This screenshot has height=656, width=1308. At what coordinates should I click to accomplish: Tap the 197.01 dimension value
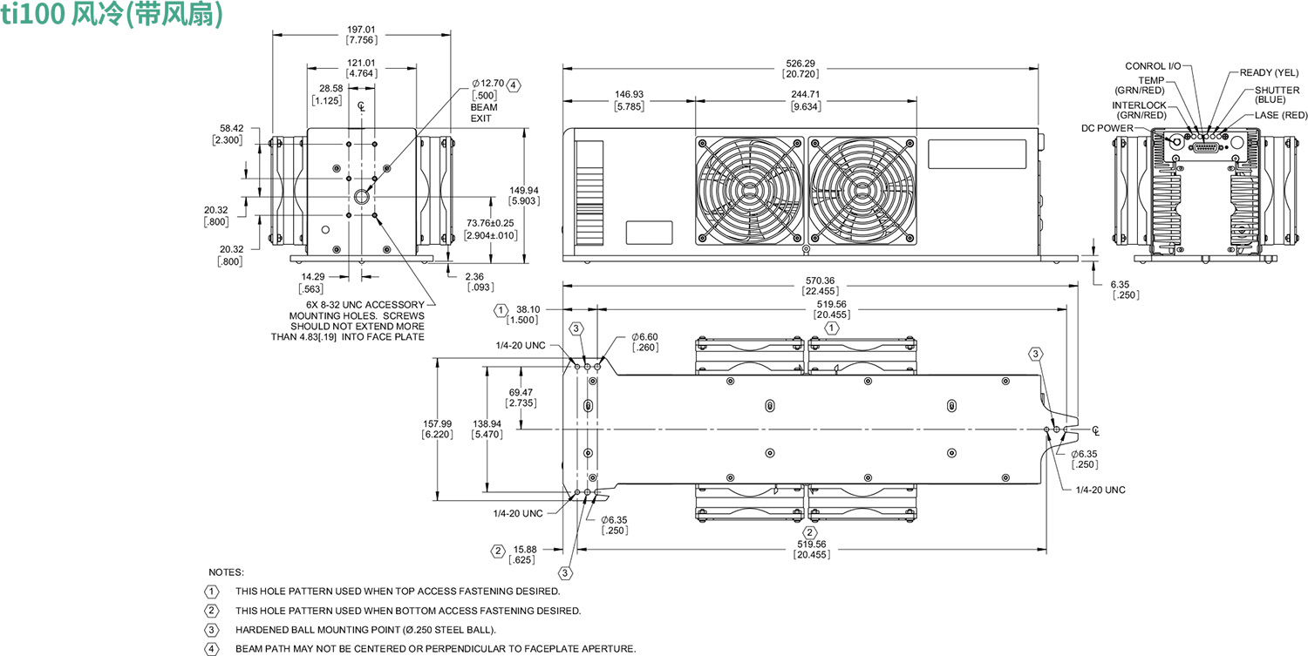(x=361, y=28)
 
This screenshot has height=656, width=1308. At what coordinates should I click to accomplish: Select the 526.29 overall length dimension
(x=800, y=63)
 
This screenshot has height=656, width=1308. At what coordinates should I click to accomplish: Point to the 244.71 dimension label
(x=806, y=94)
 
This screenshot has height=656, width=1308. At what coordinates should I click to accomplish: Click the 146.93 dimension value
(x=629, y=94)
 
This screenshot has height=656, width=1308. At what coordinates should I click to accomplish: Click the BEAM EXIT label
(x=484, y=112)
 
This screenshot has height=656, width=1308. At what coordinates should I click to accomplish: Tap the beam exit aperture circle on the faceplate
(x=361, y=194)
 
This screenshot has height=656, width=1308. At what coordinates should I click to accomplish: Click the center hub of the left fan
(x=749, y=190)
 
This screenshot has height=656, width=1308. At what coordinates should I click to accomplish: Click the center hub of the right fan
(x=862, y=190)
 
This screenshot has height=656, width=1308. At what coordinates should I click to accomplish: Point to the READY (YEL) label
(x=1269, y=72)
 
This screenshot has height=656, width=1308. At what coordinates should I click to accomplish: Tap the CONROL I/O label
(x=1153, y=66)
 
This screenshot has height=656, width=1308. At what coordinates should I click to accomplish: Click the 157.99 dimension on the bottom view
(x=437, y=423)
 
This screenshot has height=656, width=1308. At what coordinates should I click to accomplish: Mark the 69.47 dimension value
(x=521, y=392)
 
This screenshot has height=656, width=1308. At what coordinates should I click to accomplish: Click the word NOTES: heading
(x=226, y=572)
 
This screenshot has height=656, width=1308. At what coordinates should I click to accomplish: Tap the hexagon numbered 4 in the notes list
(x=211, y=648)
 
